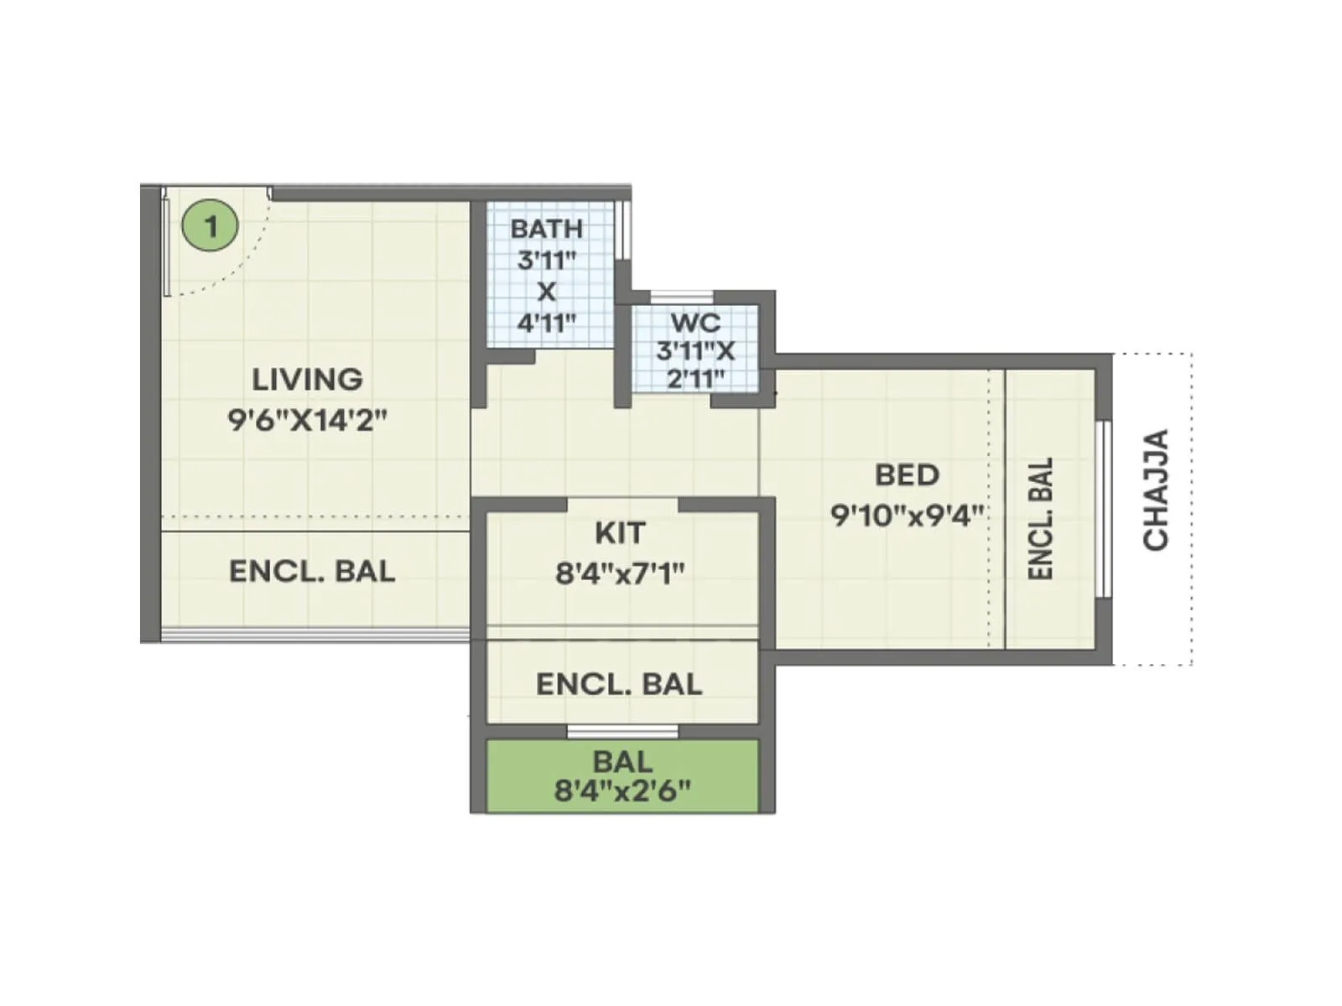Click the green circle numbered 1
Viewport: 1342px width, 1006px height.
point(211,226)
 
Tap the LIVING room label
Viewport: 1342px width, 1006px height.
point(307,380)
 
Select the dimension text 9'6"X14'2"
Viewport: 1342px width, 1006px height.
point(307,419)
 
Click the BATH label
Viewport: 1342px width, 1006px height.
point(546,228)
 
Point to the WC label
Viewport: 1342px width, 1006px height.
point(694,322)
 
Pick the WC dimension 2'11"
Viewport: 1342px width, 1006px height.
point(695,378)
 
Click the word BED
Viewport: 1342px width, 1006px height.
point(907,475)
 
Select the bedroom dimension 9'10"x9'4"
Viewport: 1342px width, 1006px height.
point(907,515)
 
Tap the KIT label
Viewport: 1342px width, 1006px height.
point(620,533)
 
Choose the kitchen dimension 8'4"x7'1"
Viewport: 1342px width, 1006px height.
point(620,573)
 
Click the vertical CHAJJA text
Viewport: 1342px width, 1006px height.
point(1157,490)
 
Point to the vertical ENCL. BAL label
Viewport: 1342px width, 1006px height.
point(1040,518)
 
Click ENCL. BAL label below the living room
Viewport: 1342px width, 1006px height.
point(312,572)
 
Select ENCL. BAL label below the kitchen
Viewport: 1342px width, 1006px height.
point(619,685)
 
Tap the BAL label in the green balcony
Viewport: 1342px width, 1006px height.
point(622,762)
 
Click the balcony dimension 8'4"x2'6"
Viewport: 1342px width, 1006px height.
point(622,790)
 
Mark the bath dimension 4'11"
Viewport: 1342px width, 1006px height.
point(546,323)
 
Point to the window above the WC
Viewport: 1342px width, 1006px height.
point(682,296)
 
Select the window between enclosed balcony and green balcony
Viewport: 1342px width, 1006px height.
point(622,732)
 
